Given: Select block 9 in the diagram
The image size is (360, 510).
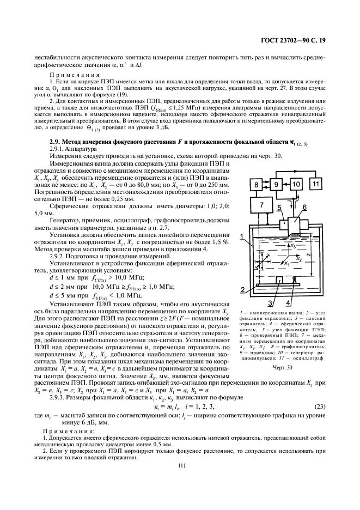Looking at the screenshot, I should click(276, 186).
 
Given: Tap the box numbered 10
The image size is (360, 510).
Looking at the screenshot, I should click(296, 186).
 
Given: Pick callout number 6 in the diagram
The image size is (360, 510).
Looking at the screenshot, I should click(304, 207).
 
